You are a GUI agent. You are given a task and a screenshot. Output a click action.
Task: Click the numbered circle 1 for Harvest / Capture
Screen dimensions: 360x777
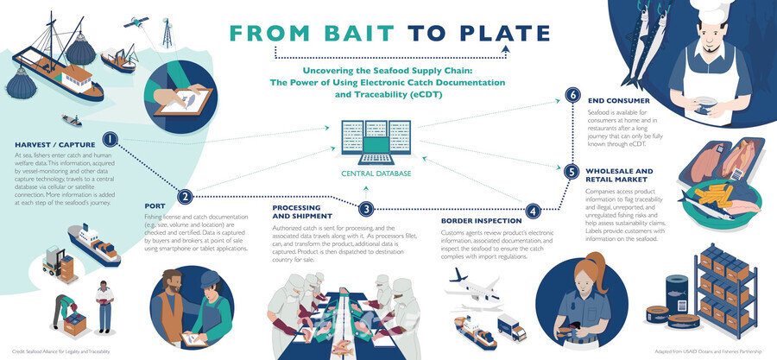(x=111, y=139)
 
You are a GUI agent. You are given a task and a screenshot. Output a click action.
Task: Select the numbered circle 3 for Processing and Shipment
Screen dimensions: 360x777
(x=366, y=208)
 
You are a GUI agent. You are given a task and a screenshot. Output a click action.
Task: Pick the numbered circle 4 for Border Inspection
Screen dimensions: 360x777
(x=534, y=210)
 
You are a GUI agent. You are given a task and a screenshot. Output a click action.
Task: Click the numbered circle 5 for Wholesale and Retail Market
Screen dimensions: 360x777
(x=572, y=172)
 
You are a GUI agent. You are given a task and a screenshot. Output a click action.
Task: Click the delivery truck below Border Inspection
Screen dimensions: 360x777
(x=512, y=327)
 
